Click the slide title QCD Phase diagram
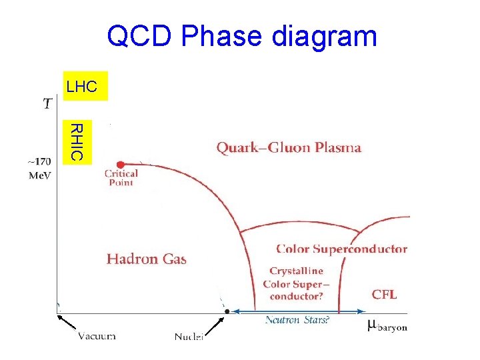(x=242, y=36)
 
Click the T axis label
(x=48, y=103)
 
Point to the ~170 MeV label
(x=39, y=167)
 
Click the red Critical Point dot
(x=121, y=165)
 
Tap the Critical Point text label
(x=121, y=178)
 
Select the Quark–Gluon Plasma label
(x=289, y=148)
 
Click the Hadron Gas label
(x=147, y=259)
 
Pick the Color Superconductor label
(x=341, y=249)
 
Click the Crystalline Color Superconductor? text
(x=297, y=284)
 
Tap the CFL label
(x=384, y=294)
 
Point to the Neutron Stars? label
(x=297, y=320)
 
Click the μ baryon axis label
(x=387, y=326)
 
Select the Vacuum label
(x=94, y=336)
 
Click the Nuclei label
(x=189, y=337)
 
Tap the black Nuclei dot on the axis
(x=227, y=311)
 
